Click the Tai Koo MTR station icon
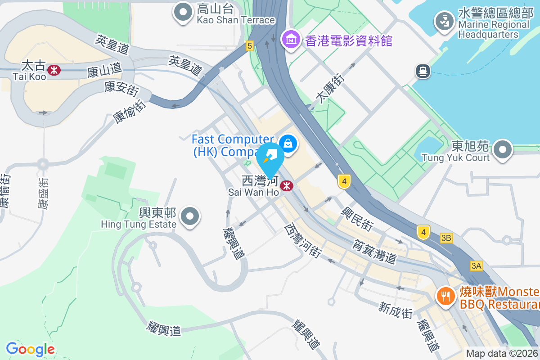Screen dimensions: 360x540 point(54,70)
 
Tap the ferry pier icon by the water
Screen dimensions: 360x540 point(423,71)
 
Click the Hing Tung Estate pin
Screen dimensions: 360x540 point(190,217)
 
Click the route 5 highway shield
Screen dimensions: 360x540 point(250,45)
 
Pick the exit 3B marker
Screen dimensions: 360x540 point(446,238)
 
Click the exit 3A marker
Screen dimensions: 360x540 point(476,266)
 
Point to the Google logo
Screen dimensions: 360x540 point(30,349)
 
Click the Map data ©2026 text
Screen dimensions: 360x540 point(502,354)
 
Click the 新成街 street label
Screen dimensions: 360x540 point(396,310)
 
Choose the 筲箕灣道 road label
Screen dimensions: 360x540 point(374,250)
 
